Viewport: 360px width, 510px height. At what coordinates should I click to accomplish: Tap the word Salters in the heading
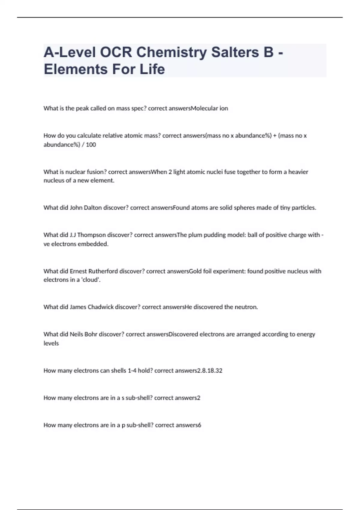point(235,52)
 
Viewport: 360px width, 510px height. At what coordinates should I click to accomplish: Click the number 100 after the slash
point(91,145)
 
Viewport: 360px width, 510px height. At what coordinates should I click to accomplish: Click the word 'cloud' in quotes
point(91,280)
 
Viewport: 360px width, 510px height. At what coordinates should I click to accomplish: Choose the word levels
point(51,343)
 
